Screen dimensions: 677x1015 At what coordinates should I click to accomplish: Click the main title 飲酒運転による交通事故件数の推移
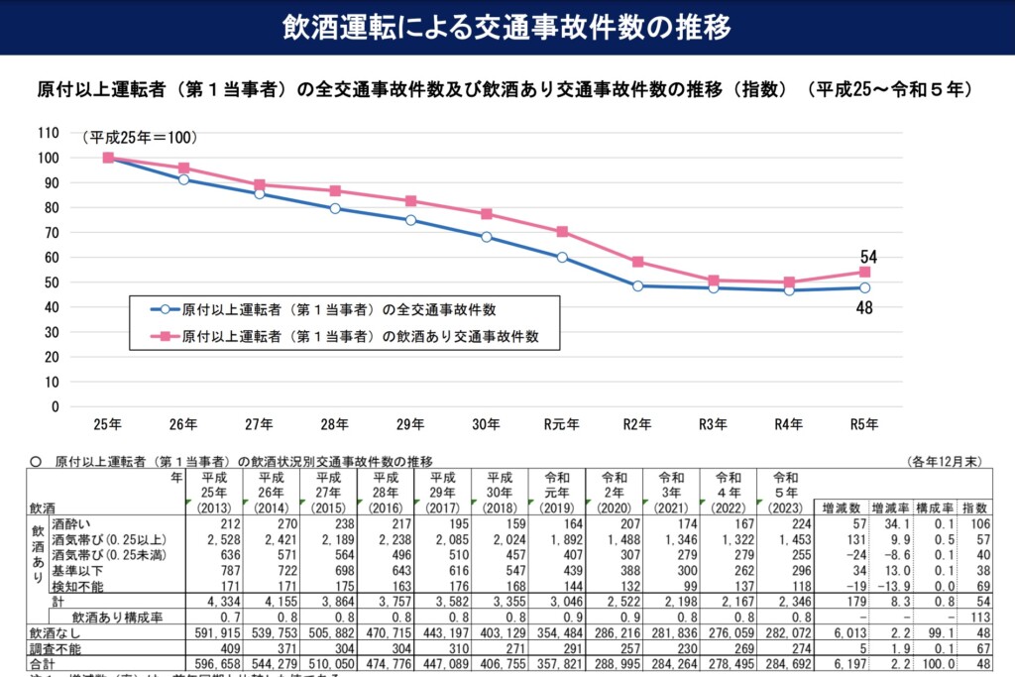click(x=507, y=27)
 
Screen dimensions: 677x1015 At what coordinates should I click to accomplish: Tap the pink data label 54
click(x=868, y=258)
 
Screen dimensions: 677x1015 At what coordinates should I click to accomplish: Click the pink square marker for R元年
click(x=562, y=232)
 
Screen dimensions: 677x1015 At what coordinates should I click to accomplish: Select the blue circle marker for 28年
click(x=335, y=208)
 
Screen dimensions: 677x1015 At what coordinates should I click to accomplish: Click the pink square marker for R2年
click(x=637, y=262)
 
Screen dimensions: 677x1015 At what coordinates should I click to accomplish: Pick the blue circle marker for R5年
click(x=864, y=287)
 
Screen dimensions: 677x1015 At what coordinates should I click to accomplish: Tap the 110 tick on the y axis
click(x=49, y=133)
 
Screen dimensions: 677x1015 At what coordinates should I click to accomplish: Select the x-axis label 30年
click(x=486, y=425)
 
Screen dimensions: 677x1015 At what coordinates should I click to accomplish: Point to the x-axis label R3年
click(x=713, y=425)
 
